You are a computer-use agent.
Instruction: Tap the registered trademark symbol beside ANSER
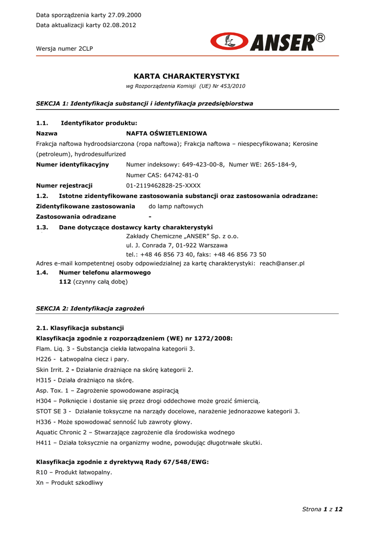click(x=320, y=38)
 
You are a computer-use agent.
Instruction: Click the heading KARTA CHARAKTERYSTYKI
click(x=187, y=76)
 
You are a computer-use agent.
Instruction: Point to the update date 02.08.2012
click(x=119, y=25)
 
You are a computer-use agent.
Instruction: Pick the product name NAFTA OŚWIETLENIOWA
click(x=167, y=134)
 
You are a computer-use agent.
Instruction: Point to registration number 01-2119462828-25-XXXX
click(x=163, y=185)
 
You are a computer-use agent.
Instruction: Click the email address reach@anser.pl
click(x=282, y=263)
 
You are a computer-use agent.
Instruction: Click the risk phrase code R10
click(x=42, y=472)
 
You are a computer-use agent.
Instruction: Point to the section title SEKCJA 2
click(x=52, y=309)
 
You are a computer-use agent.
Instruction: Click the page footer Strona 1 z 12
click(x=322, y=509)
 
